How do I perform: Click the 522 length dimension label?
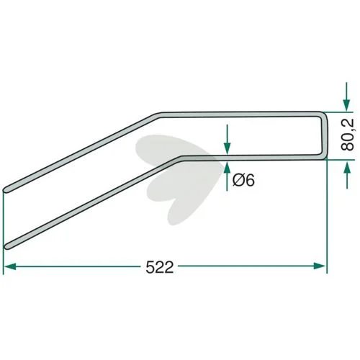pos(160,267)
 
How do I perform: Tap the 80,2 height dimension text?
pos(348,135)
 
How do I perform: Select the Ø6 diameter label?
pos(243,180)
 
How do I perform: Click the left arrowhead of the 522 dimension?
pos(10,266)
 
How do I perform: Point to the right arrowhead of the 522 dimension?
pos(320,266)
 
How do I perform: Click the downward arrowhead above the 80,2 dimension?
pos(346,105)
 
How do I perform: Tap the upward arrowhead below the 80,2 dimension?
pos(346,166)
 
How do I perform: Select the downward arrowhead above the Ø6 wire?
pos(227,148)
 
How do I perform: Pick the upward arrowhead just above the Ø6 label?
pos(227,167)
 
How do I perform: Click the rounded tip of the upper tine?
pos(6,189)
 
